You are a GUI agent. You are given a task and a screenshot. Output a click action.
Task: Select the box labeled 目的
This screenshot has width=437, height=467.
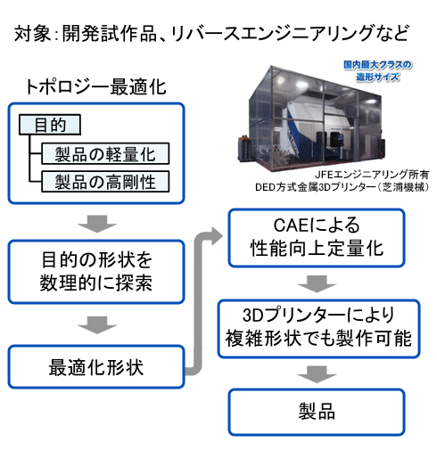click(49, 126)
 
